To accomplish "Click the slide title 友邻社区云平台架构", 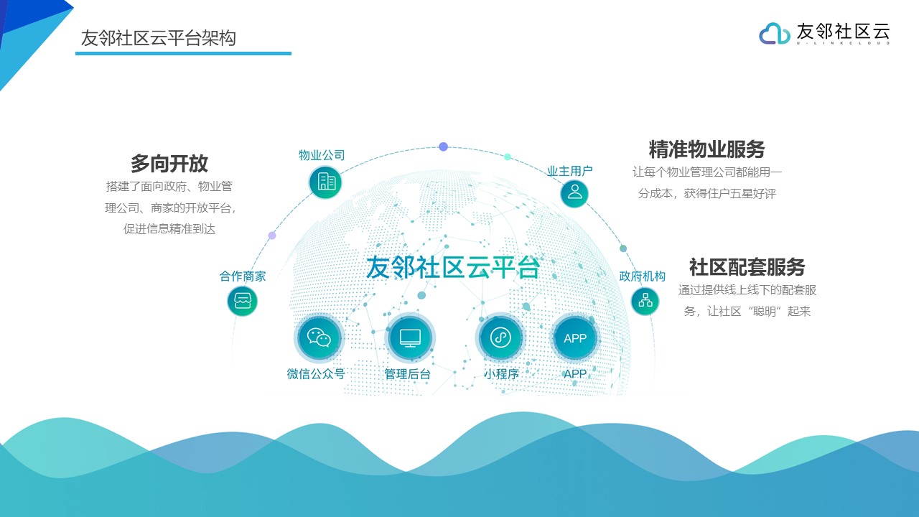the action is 159,38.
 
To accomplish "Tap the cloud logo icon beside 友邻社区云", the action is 774,34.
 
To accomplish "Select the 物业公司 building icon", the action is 325,182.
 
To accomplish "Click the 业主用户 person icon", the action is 574,193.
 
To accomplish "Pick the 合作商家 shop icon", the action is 243,301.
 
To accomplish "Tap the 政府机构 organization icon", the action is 645,301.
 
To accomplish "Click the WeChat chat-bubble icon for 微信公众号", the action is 319,337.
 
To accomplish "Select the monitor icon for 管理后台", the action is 410,337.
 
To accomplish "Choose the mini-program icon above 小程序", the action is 500,337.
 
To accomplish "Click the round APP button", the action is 575,338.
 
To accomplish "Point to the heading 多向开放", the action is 169,163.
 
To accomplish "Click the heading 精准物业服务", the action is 707,149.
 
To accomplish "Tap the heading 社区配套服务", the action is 747,267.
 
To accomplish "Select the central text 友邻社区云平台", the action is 452,268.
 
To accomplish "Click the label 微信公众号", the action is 316,374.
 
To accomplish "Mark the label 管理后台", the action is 407,374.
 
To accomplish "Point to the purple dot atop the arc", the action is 443,146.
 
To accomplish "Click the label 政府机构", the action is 643,276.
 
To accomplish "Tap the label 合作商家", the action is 243,276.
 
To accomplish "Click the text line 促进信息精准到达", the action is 169,228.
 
